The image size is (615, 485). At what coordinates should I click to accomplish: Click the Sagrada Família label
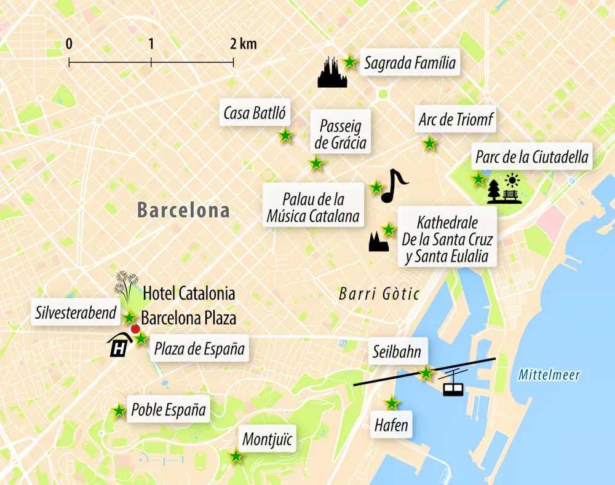pyautogui.click(x=410, y=63)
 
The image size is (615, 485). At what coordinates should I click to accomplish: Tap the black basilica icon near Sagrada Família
pyautogui.click(x=333, y=73)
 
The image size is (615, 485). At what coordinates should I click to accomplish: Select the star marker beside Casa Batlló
pyautogui.click(x=285, y=136)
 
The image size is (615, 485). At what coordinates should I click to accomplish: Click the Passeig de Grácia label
pyautogui.click(x=340, y=135)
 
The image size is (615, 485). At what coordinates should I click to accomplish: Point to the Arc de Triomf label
pyautogui.click(x=456, y=120)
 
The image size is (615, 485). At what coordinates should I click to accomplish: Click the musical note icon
pyautogui.click(x=393, y=185)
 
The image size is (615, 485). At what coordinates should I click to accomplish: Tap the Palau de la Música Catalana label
pyautogui.click(x=312, y=208)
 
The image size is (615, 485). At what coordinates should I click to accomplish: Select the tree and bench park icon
pyautogui.click(x=504, y=190)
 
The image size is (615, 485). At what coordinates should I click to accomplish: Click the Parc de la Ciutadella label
pyautogui.click(x=532, y=157)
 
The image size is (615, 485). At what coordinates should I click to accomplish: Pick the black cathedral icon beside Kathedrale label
pyautogui.click(x=379, y=242)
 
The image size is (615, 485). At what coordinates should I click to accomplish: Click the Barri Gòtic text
pyautogui.click(x=379, y=295)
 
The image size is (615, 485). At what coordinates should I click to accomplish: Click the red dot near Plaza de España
pyautogui.click(x=135, y=328)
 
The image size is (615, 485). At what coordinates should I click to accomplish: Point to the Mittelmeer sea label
pyautogui.click(x=549, y=375)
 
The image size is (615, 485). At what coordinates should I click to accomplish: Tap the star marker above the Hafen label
pyautogui.click(x=392, y=403)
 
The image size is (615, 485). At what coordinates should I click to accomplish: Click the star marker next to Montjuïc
pyautogui.click(x=236, y=456)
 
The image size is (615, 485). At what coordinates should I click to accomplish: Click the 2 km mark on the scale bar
pyautogui.click(x=233, y=61)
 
